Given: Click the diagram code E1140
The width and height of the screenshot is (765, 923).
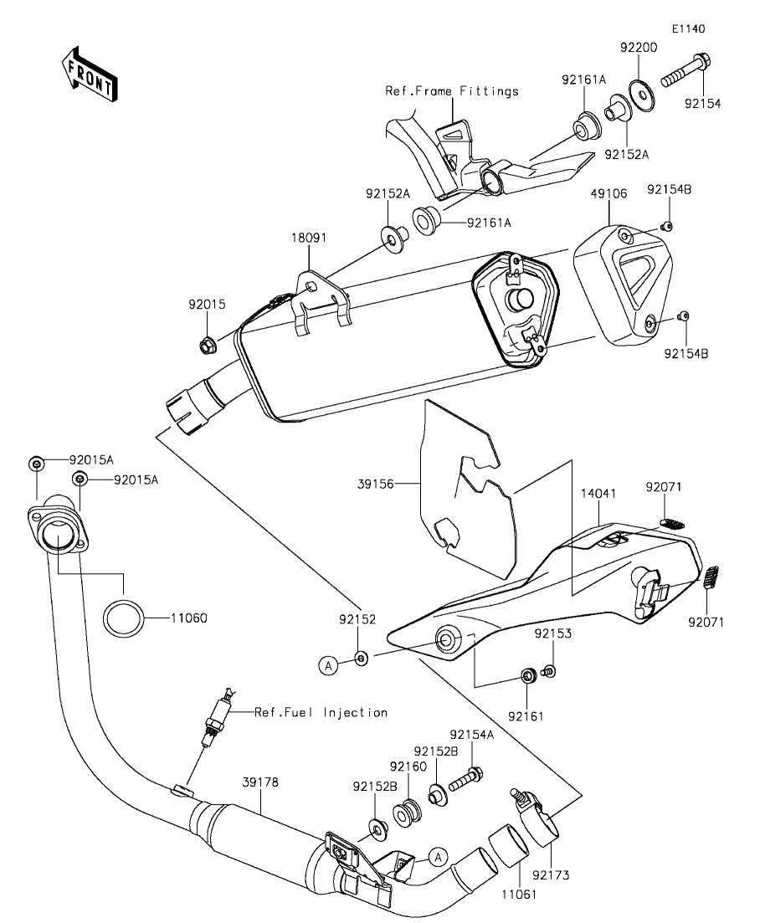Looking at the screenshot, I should [x=687, y=28].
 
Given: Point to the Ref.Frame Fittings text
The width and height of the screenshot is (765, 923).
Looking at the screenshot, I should [x=452, y=90].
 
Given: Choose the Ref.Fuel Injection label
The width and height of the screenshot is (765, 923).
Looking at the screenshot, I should [x=321, y=713].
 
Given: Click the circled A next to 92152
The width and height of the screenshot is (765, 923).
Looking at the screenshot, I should [x=329, y=665].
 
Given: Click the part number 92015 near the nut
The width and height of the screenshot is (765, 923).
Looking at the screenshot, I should [x=207, y=306].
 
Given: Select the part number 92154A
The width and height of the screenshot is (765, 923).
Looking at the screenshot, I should [x=474, y=734].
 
